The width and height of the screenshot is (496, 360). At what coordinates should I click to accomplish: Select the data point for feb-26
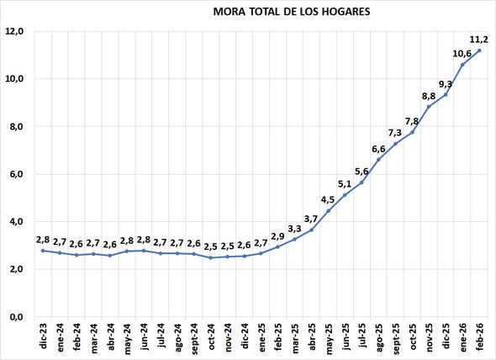click(479, 50)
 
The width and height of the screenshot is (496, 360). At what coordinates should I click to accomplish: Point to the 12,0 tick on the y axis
click(17, 31)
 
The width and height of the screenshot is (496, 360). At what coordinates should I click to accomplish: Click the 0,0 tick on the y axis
click(17, 317)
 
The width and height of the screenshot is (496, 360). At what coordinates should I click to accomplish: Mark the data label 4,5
click(327, 199)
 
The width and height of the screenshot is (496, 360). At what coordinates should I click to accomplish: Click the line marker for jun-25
click(345, 195)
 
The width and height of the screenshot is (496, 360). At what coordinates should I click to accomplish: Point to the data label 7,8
click(412, 121)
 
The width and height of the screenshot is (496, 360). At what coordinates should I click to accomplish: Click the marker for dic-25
click(446, 94)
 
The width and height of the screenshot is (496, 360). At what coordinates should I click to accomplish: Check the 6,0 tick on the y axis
click(17, 174)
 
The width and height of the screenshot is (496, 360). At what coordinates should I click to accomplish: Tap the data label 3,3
click(294, 228)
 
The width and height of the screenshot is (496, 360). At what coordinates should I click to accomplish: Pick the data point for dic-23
click(43, 251)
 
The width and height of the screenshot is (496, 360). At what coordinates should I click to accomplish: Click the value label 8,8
click(428, 96)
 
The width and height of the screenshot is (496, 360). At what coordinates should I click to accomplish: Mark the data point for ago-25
click(378, 160)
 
